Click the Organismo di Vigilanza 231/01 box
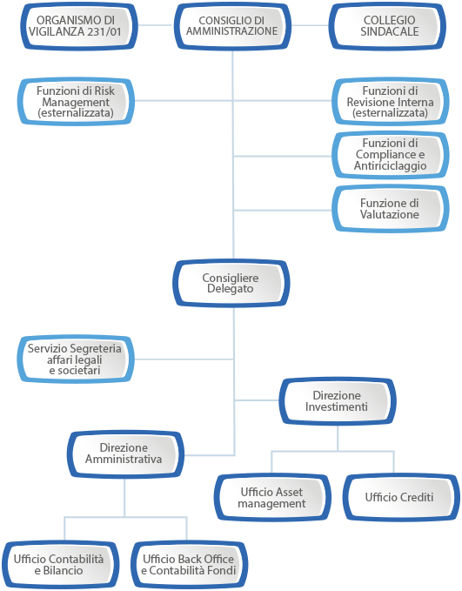click(78, 26)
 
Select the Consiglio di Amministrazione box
click(232, 26)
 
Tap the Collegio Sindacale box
click(388, 26)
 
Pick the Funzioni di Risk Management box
click(76, 101)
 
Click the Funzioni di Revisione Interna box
click(391, 101)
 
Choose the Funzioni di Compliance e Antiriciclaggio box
click(391, 155)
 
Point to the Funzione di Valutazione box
click(391, 208)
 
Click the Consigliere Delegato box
click(231, 283)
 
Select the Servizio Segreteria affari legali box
click(76, 359)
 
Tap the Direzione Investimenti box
click(338, 401)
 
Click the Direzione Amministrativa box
click(125, 454)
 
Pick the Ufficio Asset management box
click(272, 498)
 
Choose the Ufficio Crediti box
click(401, 498)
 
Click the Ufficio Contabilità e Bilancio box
click(60, 565)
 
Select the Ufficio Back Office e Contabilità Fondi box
click(190, 565)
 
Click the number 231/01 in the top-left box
click(104, 31)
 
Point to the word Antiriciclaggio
click(391, 166)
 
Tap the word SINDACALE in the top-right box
click(390, 31)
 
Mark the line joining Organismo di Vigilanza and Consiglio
click(155, 25)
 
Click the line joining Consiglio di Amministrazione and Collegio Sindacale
click(310, 25)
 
